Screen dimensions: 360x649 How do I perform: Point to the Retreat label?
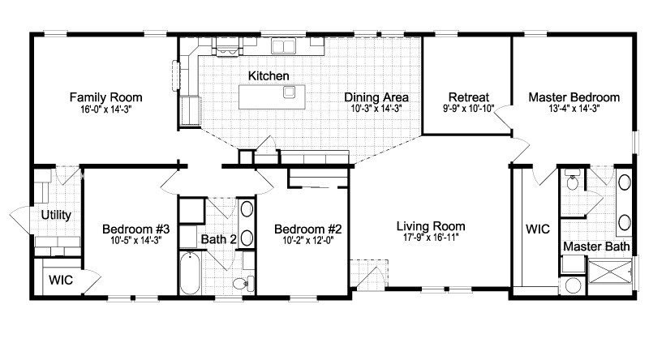click(x=466, y=96)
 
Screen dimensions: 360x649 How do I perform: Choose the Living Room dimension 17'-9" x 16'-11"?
click(x=430, y=238)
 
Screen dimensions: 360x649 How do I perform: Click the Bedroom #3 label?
click(x=132, y=228)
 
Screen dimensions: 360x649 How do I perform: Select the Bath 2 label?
click(x=218, y=239)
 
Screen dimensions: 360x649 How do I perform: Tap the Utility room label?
click(x=56, y=216)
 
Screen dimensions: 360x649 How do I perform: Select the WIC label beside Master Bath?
click(x=537, y=229)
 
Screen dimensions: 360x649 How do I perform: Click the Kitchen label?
click(x=269, y=76)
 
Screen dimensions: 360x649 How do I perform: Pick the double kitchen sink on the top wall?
click(x=283, y=47)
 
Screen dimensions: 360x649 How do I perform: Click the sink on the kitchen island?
click(x=289, y=92)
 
